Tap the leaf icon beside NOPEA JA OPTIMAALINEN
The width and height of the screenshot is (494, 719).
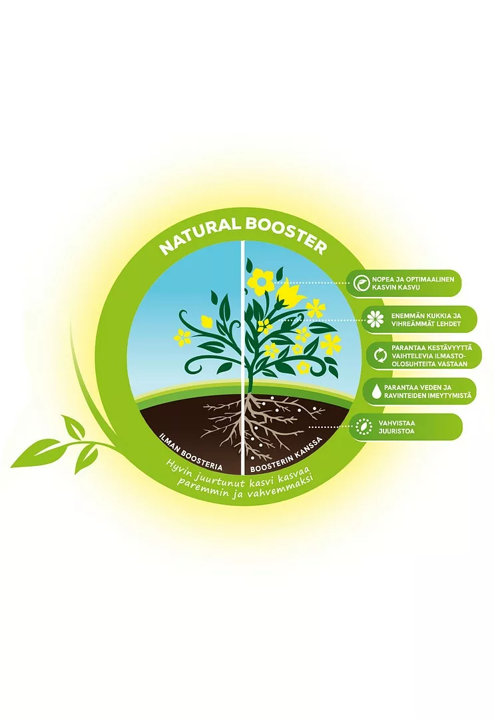coord(362,284)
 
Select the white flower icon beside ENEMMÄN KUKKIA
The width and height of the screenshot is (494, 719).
coord(375,319)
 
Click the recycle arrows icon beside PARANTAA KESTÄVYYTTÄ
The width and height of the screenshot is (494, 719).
coord(381,356)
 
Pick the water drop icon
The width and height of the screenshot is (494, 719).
coord(377,391)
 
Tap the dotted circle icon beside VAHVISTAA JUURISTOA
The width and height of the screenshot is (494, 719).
coord(364,427)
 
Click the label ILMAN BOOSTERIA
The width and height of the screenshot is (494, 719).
coord(190,451)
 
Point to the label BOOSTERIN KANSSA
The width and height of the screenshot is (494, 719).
coord(287,453)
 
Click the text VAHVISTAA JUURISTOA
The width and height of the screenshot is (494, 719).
coord(396,427)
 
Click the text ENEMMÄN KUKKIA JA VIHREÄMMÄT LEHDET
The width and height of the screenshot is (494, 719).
coord(425,320)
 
